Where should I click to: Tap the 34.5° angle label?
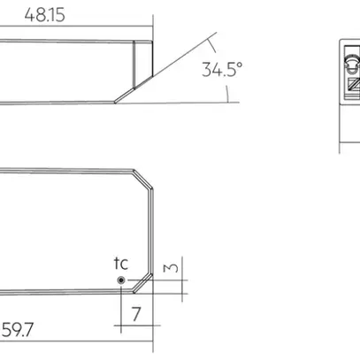(x=221, y=70)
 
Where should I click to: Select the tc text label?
(x=121, y=263)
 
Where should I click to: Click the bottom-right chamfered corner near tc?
(x=142, y=283)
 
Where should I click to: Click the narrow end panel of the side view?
(x=142, y=62)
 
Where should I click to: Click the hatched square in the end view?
(x=354, y=85)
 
